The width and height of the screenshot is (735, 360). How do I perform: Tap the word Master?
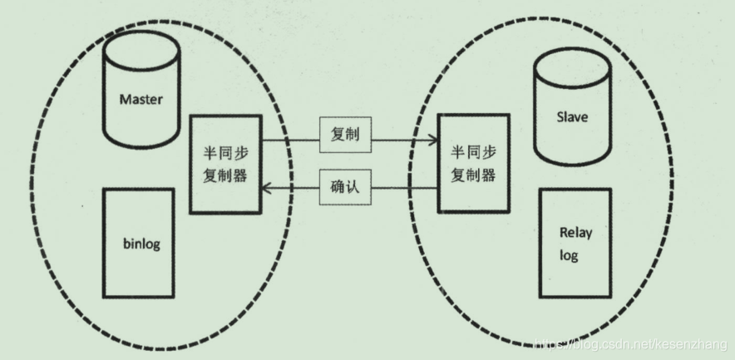click(141, 101)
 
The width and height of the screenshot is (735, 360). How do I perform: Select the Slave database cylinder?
click(572, 108)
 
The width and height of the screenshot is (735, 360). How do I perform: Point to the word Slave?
click(572, 117)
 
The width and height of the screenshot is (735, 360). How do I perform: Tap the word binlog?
click(141, 244)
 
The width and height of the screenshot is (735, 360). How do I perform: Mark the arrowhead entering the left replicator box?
click(267, 190)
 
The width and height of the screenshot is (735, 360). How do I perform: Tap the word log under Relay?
click(570, 255)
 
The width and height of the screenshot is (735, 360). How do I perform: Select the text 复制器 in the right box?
click(473, 175)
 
